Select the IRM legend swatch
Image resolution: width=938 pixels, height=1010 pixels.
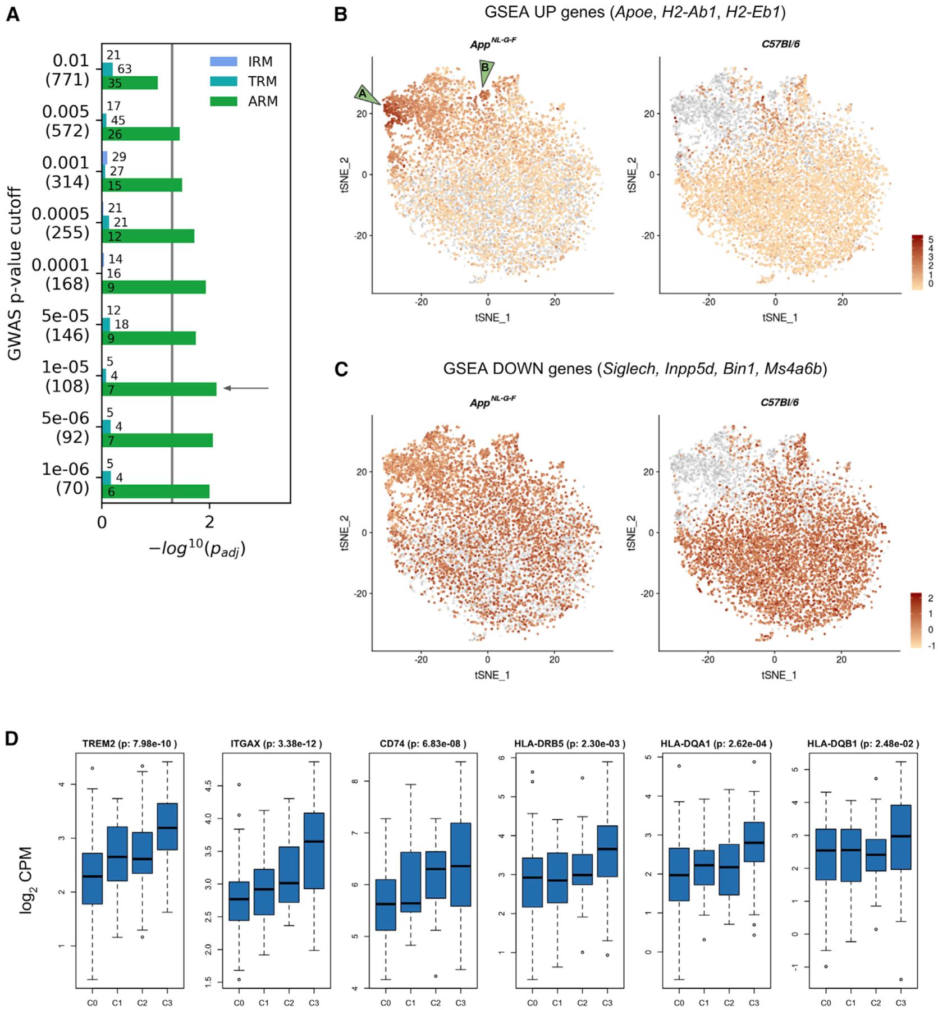pos(223,62)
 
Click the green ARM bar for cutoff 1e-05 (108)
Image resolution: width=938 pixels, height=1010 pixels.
pos(159,389)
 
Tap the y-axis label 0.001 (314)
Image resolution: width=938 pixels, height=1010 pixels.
pos(66,172)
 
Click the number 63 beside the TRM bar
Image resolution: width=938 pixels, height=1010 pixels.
pos(124,69)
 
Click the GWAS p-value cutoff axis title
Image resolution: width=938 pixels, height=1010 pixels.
pos(15,274)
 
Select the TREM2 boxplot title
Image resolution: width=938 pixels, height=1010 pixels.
pos(129,744)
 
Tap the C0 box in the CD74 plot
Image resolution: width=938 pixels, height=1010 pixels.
pos(385,905)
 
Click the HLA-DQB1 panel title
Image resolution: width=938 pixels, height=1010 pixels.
pos(863,744)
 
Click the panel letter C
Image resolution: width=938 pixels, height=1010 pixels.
pos(341,370)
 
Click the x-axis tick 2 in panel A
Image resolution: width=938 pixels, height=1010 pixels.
pos(209,522)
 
